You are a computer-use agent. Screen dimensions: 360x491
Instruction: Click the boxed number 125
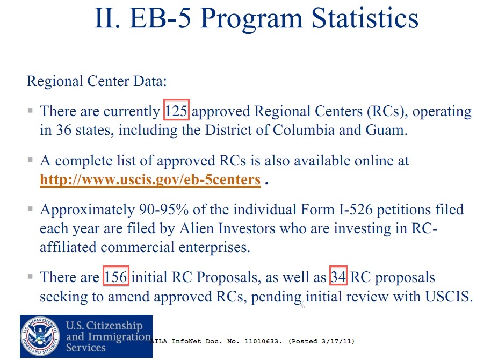[177, 112]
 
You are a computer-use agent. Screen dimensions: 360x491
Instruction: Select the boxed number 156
[116, 277]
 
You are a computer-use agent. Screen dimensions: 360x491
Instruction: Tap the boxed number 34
[339, 277]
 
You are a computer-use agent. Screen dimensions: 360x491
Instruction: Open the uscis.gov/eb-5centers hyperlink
[150, 179]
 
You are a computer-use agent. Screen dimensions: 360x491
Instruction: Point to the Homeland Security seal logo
[42, 336]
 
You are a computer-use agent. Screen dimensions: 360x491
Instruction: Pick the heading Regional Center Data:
[97, 82]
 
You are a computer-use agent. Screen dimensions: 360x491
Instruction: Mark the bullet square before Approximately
[31, 209]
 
